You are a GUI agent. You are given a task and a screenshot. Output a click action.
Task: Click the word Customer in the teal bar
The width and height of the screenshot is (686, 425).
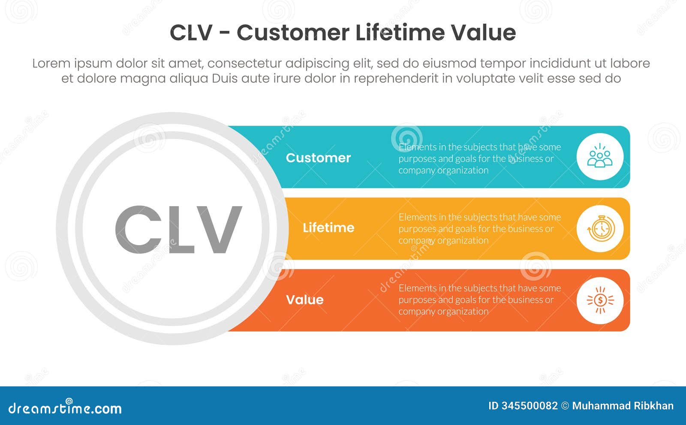318,158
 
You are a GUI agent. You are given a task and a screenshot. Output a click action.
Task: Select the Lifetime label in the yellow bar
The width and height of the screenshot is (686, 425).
328,228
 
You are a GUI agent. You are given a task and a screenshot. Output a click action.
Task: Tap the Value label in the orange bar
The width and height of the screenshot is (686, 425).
304,300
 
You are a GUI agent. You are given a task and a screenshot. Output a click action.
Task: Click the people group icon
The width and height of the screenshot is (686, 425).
600,157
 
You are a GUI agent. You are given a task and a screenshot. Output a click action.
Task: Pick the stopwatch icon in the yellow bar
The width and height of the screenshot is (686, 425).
600,229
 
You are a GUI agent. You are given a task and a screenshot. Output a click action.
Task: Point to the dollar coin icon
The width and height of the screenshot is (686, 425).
600,300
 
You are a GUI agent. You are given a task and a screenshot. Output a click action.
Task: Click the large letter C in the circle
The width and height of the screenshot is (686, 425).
138,230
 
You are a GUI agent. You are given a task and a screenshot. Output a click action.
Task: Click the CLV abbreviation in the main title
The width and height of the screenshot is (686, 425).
191,33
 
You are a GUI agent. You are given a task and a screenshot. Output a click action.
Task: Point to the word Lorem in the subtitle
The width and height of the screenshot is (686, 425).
51,64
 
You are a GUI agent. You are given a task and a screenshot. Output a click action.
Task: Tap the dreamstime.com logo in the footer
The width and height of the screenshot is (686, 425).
65,408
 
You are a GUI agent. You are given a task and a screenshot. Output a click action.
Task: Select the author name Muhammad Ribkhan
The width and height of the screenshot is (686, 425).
623,406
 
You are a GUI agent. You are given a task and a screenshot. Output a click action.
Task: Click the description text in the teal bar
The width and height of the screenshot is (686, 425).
479,158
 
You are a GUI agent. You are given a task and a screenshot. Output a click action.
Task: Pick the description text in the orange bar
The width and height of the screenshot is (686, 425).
479,300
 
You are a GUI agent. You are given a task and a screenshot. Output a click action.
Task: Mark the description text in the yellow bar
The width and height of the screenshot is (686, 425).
479,229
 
